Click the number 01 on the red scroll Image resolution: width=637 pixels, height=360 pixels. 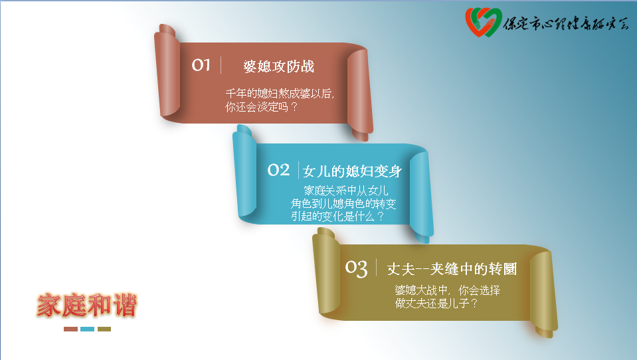coord(201,65)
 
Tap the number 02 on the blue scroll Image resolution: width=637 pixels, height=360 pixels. coord(278,170)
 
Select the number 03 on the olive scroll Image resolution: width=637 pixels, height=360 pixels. coord(356,268)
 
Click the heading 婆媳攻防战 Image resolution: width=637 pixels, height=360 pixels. coord(279,66)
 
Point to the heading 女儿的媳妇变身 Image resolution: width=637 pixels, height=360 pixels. coord(352,171)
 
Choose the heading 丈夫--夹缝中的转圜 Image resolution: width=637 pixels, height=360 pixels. coord(452,269)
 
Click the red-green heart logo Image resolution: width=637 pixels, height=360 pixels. coord(483,22)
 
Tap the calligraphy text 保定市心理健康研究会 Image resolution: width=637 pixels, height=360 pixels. coord(566,23)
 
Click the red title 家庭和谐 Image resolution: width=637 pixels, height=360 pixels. coord(87,305)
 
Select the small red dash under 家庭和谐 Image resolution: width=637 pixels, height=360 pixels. coord(70,329)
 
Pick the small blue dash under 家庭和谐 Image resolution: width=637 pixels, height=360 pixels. coord(87,329)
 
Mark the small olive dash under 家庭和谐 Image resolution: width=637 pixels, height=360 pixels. coord(104,329)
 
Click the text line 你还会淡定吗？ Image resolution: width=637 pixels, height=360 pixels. coord(262,107)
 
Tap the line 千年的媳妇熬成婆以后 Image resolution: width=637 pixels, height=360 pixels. coord(280,94)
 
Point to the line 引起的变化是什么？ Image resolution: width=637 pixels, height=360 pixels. coord(337,216)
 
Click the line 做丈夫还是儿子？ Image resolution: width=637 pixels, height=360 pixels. coord(436,303)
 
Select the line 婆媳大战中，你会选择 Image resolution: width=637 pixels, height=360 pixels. coord(448,290)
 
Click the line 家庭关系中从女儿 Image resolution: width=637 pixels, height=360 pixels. coord(346,190)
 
